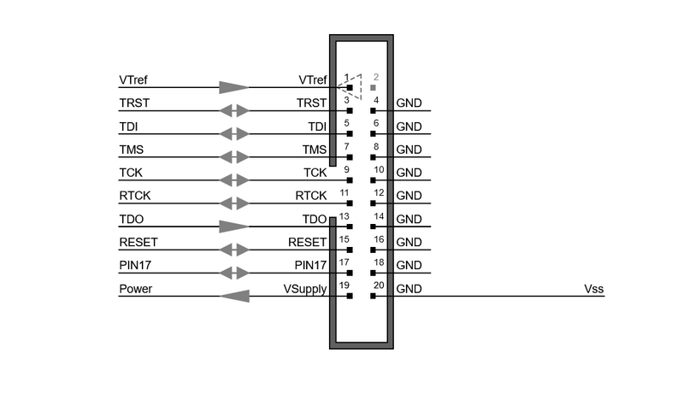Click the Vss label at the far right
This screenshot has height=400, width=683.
[594, 289]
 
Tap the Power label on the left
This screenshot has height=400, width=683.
[135, 289]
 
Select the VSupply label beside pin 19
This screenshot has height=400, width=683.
[305, 290]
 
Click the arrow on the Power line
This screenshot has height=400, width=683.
[234, 297]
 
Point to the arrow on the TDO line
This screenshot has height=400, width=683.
[234, 226]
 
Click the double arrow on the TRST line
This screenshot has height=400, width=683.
[234, 110]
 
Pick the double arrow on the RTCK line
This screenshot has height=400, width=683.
[234, 203]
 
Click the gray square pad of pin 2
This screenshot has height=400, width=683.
[373, 87]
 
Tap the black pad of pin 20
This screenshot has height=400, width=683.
[373, 296]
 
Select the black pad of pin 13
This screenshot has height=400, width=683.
[350, 226]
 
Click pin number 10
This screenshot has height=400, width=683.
[379, 169]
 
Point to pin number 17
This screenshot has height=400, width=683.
[344, 262]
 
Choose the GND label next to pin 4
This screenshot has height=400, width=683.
[409, 103]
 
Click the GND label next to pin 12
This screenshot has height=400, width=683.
[409, 196]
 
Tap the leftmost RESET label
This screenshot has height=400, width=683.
[138, 242]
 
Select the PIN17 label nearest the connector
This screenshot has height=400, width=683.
[310, 265]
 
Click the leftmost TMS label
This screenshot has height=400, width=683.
[132, 150]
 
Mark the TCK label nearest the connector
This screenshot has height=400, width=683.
[315, 173]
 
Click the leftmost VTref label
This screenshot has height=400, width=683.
[133, 80]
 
